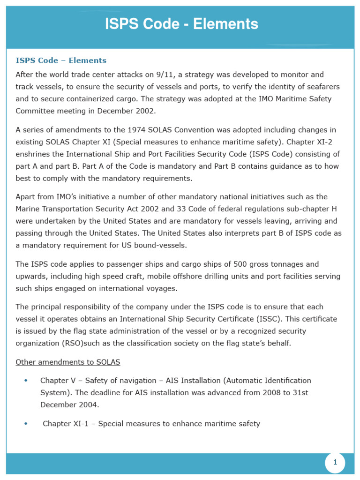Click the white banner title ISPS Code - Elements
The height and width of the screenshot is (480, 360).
pyautogui.click(x=181, y=24)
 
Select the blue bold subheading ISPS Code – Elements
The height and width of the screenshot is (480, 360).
pyautogui.click(x=61, y=60)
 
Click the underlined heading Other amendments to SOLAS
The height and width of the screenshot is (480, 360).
pyautogui.click(x=68, y=362)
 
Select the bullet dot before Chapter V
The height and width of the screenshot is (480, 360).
pyautogui.click(x=25, y=380)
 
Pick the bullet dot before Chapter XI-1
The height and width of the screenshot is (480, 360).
pyautogui.click(x=25, y=424)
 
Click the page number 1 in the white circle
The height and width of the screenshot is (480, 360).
pyautogui.click(x=335, y=463)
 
